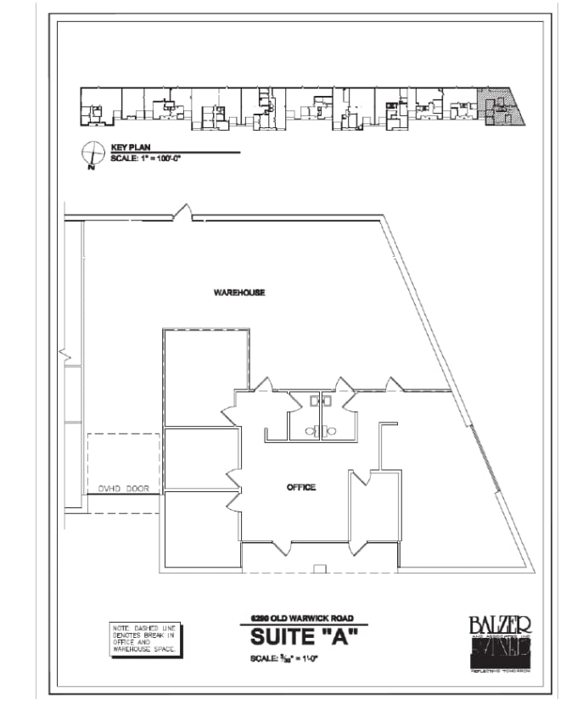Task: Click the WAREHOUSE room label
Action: [x=239, y=293]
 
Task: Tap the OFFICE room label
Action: [x=301, y=487]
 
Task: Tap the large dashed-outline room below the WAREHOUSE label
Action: [x=206, y=377]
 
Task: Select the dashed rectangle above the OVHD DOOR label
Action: [x=124, y=458]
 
